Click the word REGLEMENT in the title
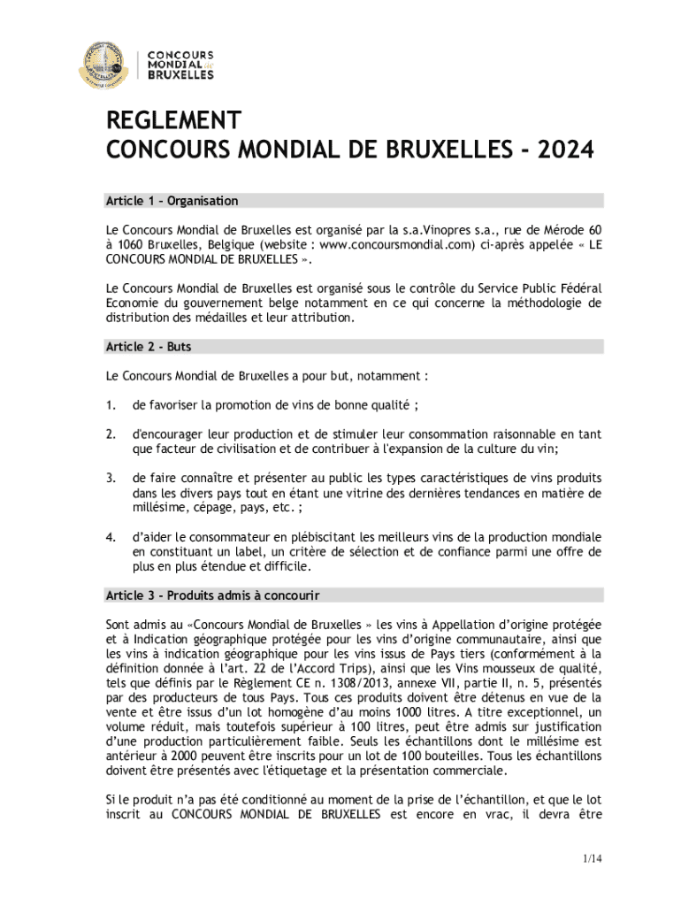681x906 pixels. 172,122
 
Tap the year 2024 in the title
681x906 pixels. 559,150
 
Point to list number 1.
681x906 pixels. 111,405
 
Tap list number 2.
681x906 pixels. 111,434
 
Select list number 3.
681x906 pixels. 111,478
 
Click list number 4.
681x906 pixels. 111,537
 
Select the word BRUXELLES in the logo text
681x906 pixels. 180,75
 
